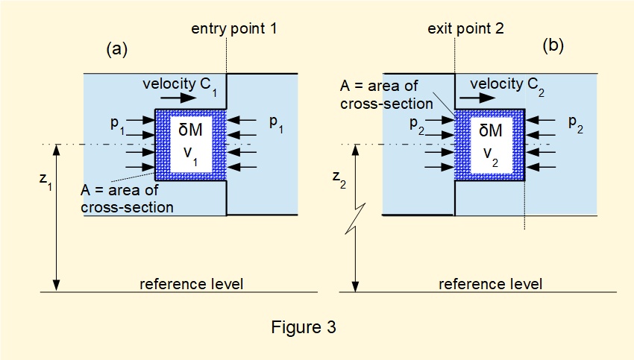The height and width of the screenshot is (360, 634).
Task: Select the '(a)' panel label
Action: [117, 49]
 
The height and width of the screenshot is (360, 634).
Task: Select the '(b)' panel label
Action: [553, 45]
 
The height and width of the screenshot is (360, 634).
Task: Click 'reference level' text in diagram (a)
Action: [191, 284]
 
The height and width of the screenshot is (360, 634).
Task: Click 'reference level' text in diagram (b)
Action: [490, 284]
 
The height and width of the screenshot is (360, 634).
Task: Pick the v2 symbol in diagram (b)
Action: [490, 154]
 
